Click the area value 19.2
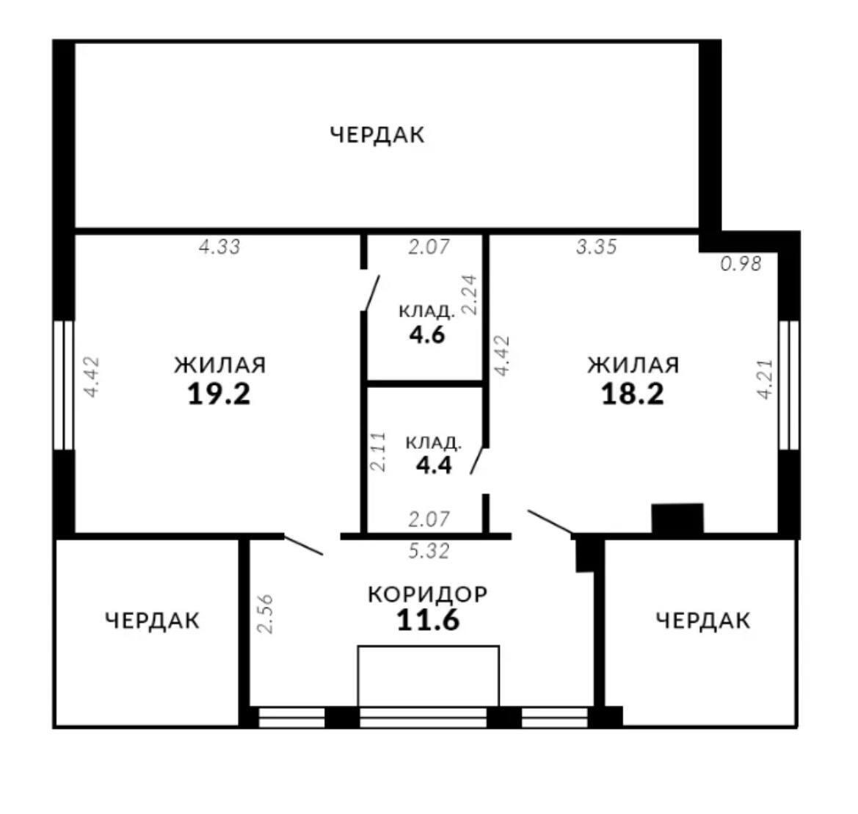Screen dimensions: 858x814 coord(219,393)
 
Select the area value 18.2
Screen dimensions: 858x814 coord(633,393)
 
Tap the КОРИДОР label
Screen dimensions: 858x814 coord(427,594)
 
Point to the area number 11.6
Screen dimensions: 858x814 coord(428,620)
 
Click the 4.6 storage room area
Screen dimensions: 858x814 coord(427,334)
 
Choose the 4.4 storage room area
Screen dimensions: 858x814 coord(434,466)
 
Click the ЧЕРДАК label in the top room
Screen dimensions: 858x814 coord(377,134)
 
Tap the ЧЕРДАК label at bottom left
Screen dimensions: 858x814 coord(153,621)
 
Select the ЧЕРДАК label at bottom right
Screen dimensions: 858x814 coord(703,621)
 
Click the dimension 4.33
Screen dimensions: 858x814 coord(219,247)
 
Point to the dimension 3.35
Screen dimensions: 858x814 coord(597,247)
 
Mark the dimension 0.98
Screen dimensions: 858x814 coord(741,264)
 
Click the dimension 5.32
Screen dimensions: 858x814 coord(429,551)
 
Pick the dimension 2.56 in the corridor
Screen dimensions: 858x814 coord(265,614)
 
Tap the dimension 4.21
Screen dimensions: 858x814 coord(765,379)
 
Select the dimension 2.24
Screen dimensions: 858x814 coord(470,294)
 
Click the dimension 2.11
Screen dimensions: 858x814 coord(378,452)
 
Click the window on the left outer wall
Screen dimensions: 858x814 coord(63,385)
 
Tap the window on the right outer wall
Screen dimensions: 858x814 coord(789,385)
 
